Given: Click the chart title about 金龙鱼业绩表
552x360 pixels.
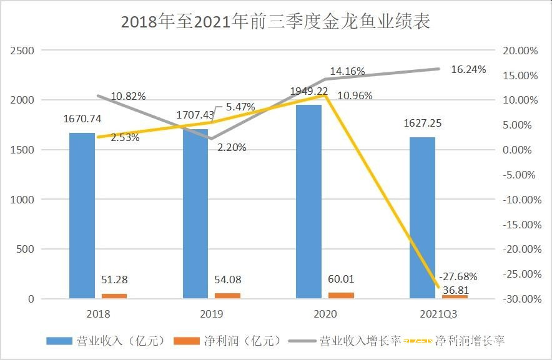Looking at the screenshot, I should pos(275,22).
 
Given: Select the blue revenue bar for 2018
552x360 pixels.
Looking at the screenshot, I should pos(82,215).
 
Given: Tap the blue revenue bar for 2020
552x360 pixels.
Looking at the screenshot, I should pos(308,201).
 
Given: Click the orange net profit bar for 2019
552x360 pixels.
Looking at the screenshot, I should pos(227,296).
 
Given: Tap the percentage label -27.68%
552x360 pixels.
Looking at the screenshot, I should pos(458,275).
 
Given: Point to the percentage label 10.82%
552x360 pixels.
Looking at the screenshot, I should pos(128,97).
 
